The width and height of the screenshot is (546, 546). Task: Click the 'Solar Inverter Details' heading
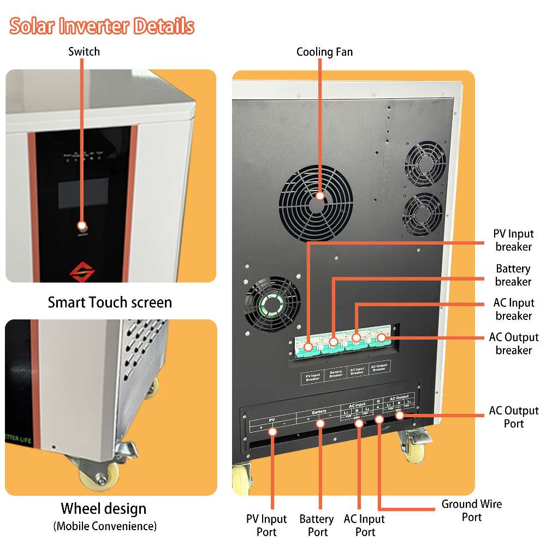coord(102,26)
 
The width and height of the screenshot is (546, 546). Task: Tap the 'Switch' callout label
coord(84,52)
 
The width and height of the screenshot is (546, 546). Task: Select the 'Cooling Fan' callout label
coord(324,52)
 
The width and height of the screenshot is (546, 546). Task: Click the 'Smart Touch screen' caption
coord(110,302)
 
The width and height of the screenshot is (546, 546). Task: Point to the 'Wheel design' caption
coord(104,509)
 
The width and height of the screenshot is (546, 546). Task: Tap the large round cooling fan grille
coord(316,203)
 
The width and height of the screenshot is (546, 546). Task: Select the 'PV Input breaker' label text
coord(513,240)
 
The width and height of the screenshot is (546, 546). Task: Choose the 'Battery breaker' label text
coord(513,275)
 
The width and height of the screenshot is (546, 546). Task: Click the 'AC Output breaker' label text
coord(514,343)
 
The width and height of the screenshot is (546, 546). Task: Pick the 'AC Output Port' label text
coord(514,417)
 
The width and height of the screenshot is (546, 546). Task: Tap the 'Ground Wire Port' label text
coord(472,510)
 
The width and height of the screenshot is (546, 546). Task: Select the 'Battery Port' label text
coord(317,525)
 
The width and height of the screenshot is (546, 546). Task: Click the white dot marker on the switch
coord(82,225)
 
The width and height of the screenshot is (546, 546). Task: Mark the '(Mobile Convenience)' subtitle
coord(105,526)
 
